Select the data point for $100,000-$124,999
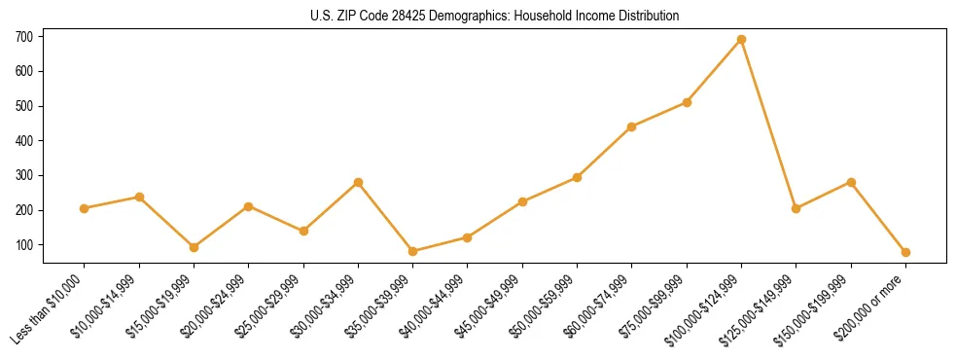click(741, 39)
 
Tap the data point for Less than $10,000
click(85, 208)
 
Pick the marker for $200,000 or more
click(905, 252)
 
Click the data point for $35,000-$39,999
click(412, 251)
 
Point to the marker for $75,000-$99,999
click(687, 102)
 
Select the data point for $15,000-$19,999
click(194, 247)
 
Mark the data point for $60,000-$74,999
click(632, 126)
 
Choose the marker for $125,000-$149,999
click(796, 208)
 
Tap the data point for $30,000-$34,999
click(358, 182)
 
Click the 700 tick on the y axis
click(24, 37)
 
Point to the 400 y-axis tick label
click(24, 141)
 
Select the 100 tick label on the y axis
click(24, 245)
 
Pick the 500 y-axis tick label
click(24, 106)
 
